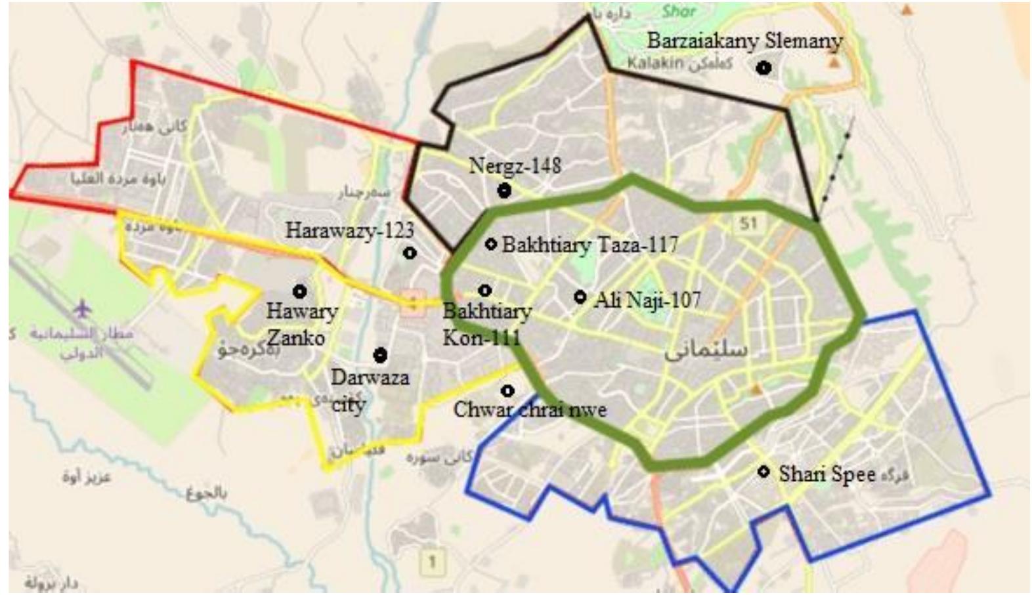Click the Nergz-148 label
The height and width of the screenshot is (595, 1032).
[515, 165]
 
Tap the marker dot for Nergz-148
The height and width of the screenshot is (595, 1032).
[504, 191]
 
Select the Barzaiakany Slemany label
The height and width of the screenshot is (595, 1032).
[744, 41]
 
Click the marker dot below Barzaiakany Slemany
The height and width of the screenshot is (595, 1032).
[763, 68]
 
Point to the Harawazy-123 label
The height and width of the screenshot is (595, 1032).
[349, 230]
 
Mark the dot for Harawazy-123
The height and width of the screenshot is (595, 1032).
[410, 253]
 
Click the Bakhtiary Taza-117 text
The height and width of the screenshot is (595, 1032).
[590, 245]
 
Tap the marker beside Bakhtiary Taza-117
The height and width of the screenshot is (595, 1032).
[490, 244]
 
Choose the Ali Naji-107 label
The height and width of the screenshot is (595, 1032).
[647, 300]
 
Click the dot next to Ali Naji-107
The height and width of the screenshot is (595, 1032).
[580, 297]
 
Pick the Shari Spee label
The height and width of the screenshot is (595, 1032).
[827, 474]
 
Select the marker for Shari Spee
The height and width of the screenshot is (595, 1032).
[763, 472]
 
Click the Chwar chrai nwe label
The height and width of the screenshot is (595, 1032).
[530, 411]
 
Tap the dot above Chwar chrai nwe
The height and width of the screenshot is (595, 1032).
[507, 391]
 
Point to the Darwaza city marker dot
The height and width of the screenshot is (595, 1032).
[380, 356]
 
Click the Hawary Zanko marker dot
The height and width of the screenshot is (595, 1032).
[300, 291]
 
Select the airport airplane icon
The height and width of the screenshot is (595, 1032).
[83, 308]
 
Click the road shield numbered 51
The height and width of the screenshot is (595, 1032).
[748, 224]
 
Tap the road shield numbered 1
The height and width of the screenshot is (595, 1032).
[432, 562]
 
